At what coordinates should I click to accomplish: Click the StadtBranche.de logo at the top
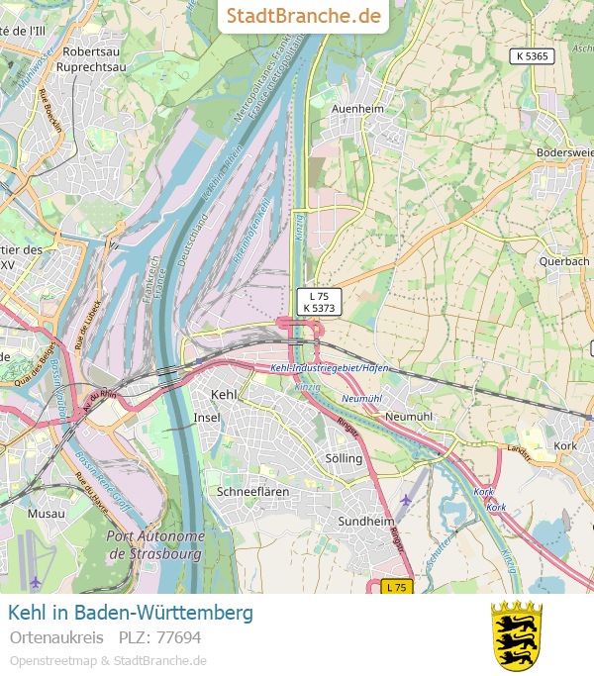coord(303,16)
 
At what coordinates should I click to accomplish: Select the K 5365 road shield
coord(532,56)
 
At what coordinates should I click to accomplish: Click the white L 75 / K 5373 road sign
coord(319,302)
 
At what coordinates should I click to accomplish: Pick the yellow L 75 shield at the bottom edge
coord(397,587)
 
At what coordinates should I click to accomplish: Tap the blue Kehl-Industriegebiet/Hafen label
coord(330,368)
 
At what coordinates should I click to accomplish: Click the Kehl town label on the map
coord(225,394)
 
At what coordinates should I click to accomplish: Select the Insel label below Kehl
coord(208,418)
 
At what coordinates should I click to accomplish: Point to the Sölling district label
coord(344,459)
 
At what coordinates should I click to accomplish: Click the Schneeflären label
coord(252,492)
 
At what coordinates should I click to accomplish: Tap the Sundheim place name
coord(365,521)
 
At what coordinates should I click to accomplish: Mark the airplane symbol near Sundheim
coord(405,500)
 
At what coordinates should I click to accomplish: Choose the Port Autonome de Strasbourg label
coord(154,544)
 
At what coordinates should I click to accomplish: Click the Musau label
coord(46,514)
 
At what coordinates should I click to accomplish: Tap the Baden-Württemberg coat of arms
coord(517,634)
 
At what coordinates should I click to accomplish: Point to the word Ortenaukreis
coord(56,636)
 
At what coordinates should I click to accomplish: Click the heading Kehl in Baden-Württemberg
coord(130,613)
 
